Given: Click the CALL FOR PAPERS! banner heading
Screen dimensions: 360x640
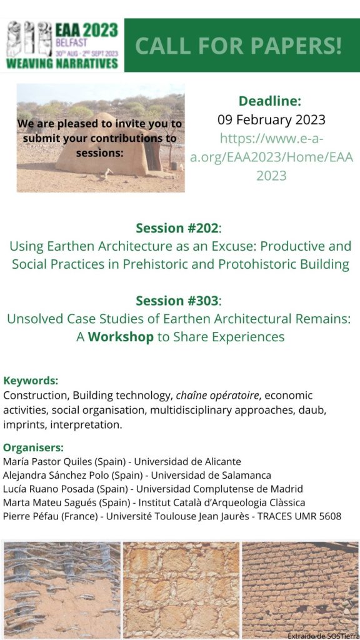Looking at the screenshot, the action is tap(238, 46).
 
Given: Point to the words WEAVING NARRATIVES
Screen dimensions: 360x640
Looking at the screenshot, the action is tap(62, 64).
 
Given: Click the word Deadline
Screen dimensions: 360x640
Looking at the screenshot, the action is tap(270, 101).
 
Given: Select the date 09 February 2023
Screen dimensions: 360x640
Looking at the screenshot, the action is tap(271, 119).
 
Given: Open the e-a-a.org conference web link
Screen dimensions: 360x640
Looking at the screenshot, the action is tap(271, 157).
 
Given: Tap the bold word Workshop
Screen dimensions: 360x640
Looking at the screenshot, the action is tap(121, 337).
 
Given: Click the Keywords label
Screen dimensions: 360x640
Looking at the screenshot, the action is tap(31, 381).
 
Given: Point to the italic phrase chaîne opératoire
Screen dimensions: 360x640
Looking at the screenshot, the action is tap(217, 396).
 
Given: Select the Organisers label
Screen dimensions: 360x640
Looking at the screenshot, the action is tap(34, 447).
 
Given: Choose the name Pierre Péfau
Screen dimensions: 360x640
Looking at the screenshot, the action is tap(27, 516).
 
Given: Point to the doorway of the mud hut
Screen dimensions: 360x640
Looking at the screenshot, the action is tap(152, 154).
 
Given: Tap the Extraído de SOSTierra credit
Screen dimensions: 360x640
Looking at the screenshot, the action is tap(323, 636).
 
